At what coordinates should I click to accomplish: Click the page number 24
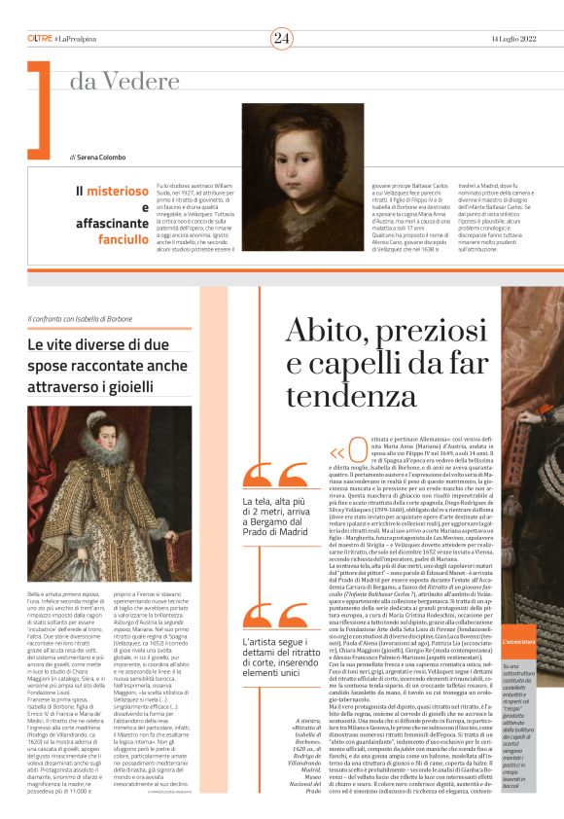[282, 38]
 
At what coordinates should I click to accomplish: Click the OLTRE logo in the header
[40, 38]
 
